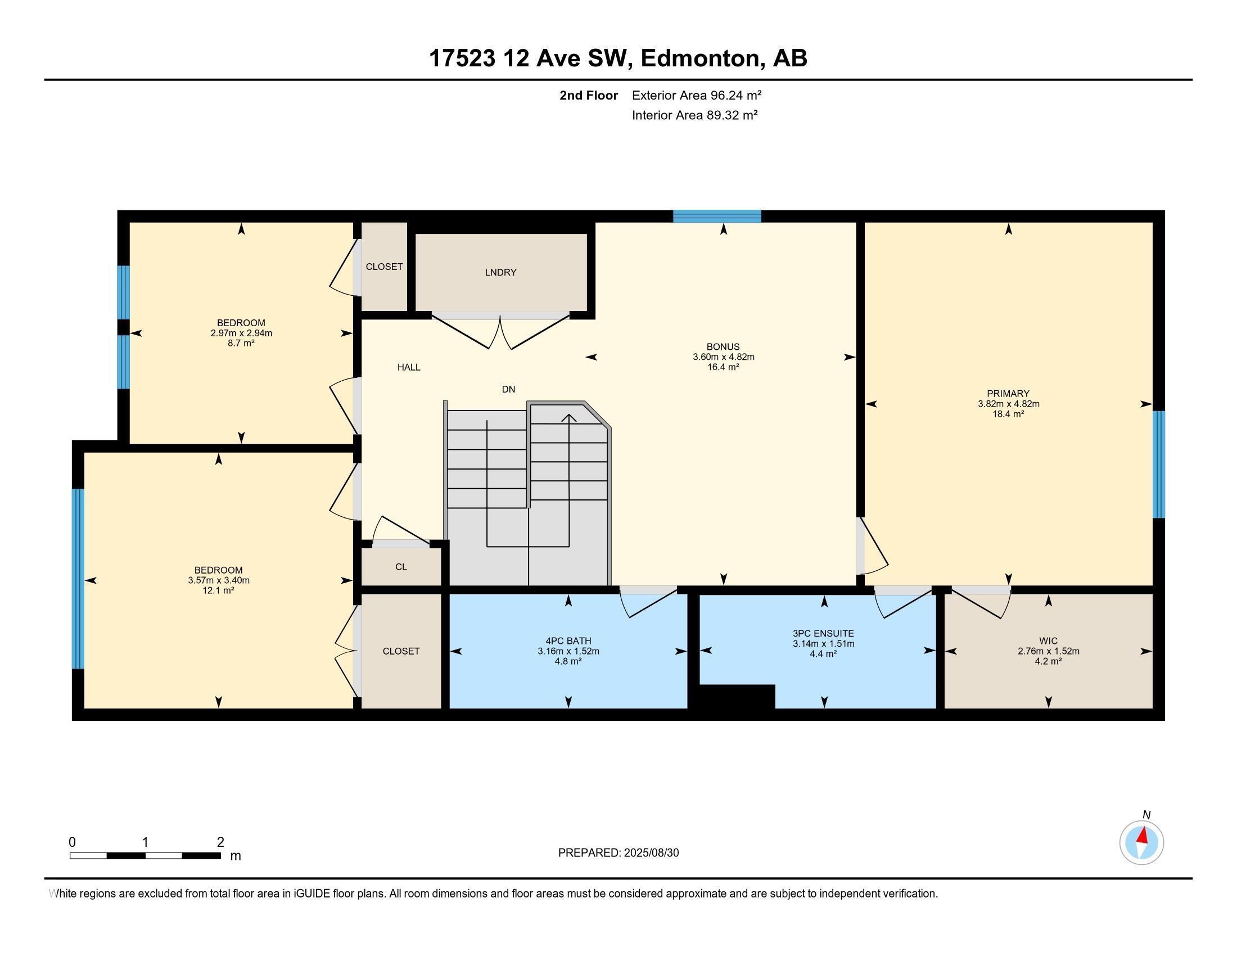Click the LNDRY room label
coord(500,272)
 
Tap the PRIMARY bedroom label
coord(1008,394)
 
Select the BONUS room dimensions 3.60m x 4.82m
coord(723,357)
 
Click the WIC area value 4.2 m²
coord(1048,661)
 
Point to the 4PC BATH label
coord(568,641)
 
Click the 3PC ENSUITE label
coord(823,634)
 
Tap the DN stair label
coord(508,389)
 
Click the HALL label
coord(408,367)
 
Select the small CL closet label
coord(401,567)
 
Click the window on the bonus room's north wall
coord(716,216)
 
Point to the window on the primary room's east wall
coord(1159,465)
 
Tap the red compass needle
coord(1143,835)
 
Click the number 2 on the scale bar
coord(220,842)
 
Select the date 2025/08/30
coord(650,853)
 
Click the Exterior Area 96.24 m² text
coord(696,95)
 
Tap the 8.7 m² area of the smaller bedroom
coord(241,342)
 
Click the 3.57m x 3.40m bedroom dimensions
coord(219,580)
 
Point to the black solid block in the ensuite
coord(737,697)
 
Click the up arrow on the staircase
coord(568,419)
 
